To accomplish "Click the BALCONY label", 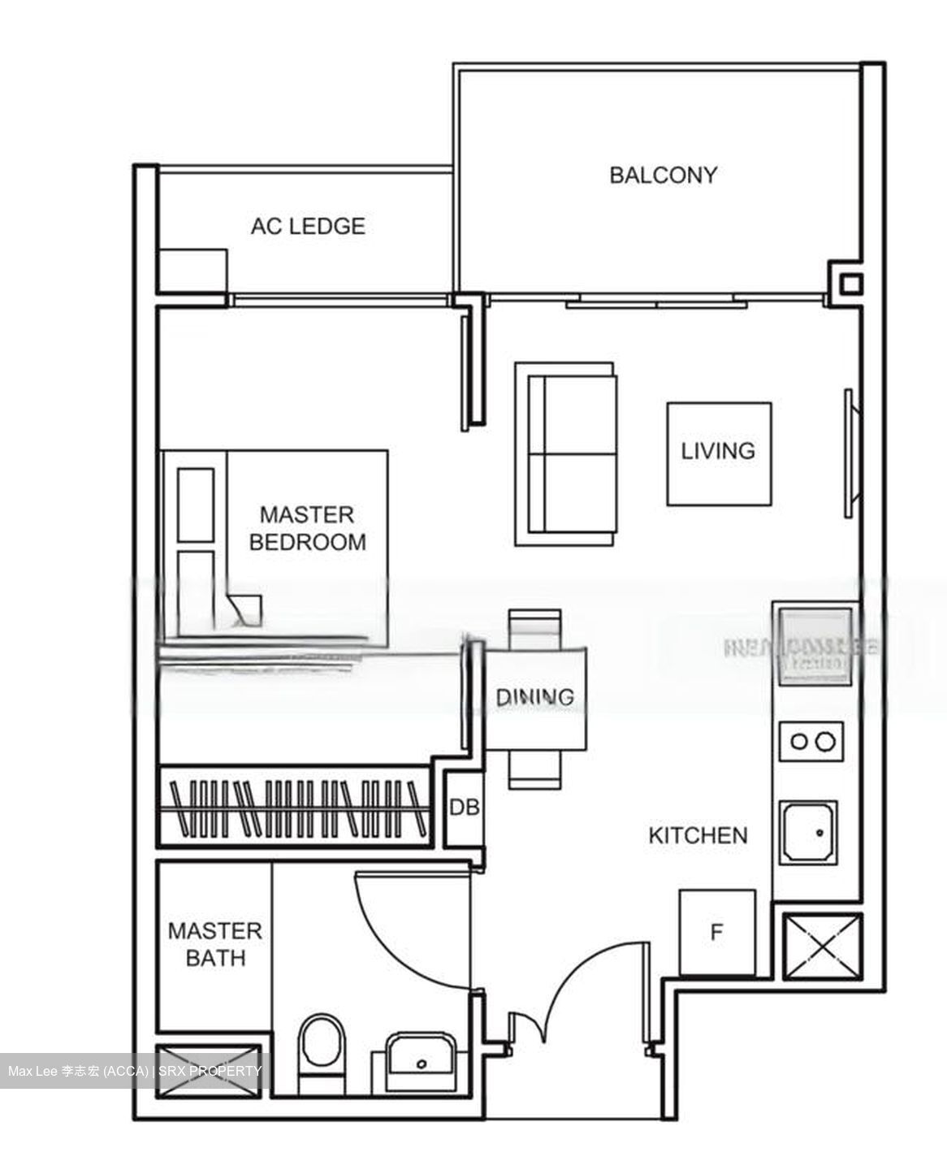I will click(663, 175).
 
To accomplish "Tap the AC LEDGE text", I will click(307, 226).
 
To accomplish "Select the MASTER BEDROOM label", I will click(307, 528).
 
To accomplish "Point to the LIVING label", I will click(718, 451).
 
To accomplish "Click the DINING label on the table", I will click(534, 696).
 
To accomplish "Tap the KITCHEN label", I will click(698, 835).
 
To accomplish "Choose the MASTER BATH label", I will click(214, 944).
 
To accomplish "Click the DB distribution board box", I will click(465, 808).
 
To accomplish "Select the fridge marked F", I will click(716, 932).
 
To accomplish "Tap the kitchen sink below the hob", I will click(809, 833).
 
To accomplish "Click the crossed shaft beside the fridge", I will click(821, 947).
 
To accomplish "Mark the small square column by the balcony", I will click(850, 284).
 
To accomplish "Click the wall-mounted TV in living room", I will click(850, 453).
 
